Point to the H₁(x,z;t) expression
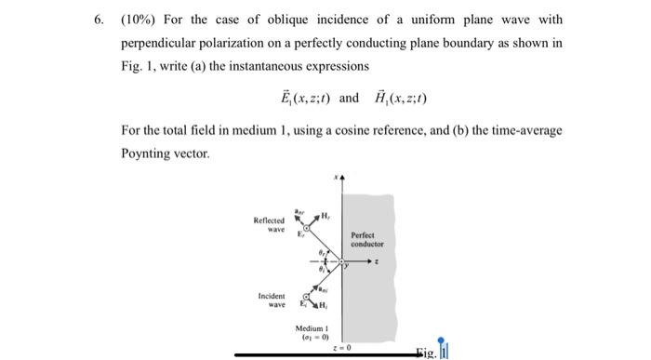tap(395, 98)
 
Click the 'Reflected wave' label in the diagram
tap(269, 224)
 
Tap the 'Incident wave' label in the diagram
tap(271, 300)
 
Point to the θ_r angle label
tap(313, 249)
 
